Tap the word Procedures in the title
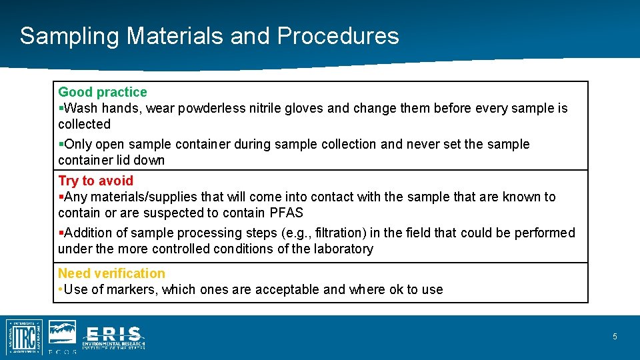[338, 36]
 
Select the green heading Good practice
[103, 92]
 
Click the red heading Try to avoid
[96, 181]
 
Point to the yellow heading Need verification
[111, 273]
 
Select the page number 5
[615, 337]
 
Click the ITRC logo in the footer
[25, 336]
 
